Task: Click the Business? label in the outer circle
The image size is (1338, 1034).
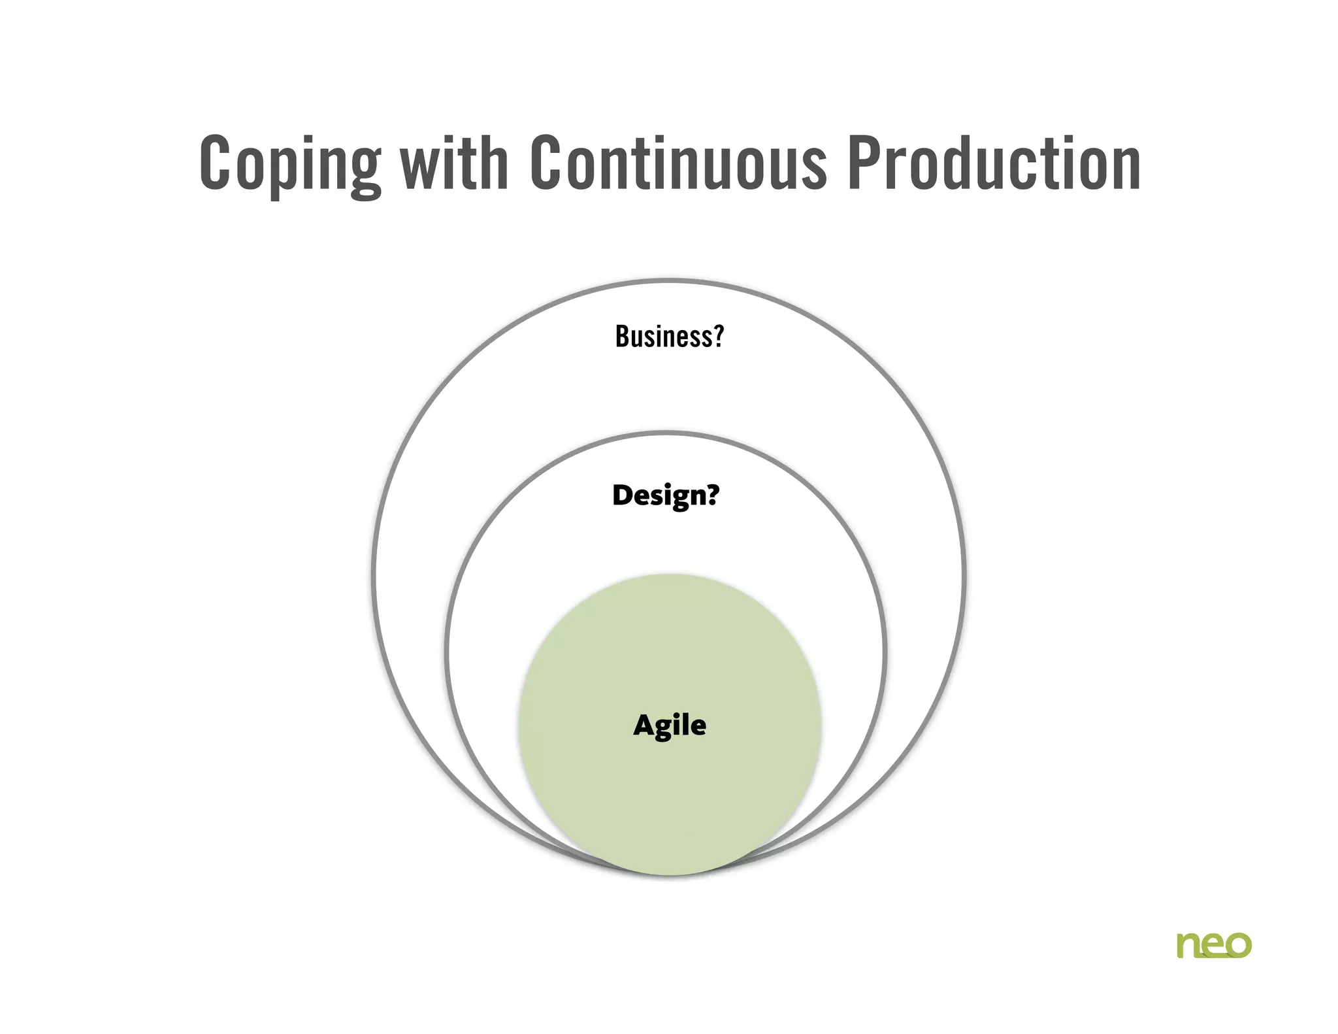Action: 670,337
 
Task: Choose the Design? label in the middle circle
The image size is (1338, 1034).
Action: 666,495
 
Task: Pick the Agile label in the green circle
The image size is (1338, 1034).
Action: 670,725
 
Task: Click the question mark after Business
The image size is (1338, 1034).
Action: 718,336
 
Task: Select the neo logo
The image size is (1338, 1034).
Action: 1214,945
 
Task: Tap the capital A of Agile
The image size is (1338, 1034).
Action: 645,725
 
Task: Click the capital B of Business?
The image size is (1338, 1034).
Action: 623,337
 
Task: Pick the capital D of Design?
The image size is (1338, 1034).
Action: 623,495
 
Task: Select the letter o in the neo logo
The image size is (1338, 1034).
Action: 1238,946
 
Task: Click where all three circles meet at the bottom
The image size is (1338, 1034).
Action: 670,873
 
